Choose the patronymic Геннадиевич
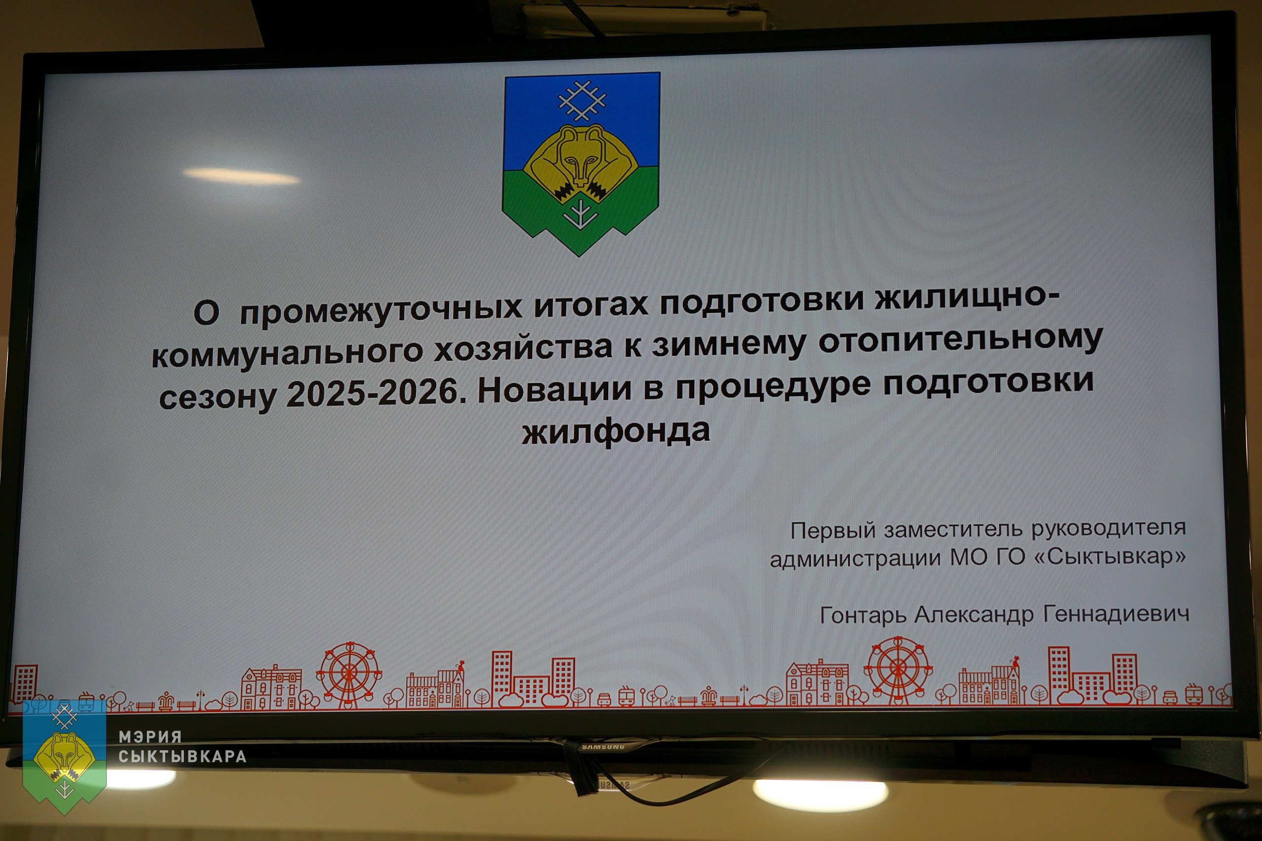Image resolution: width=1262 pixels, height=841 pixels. point(1116,613)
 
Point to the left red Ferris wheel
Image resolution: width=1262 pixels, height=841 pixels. point(349,673)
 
